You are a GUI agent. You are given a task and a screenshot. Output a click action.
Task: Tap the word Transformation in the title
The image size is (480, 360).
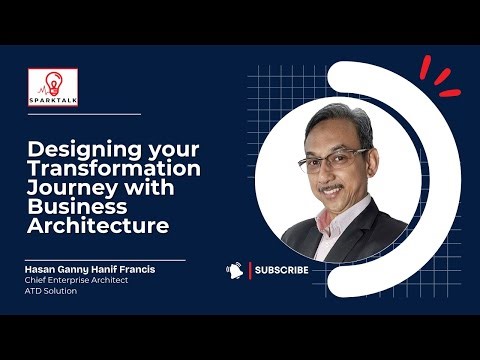coord(113,169)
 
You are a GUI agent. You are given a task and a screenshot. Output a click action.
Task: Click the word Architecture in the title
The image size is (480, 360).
coord(97,226)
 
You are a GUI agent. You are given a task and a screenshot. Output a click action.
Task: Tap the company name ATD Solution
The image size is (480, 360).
coord(51,291)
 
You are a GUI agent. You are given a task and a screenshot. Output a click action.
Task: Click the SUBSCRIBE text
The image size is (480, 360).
coord(281,270)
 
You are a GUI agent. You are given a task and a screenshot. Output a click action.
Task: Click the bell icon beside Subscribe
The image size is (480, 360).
coord(235,270)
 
